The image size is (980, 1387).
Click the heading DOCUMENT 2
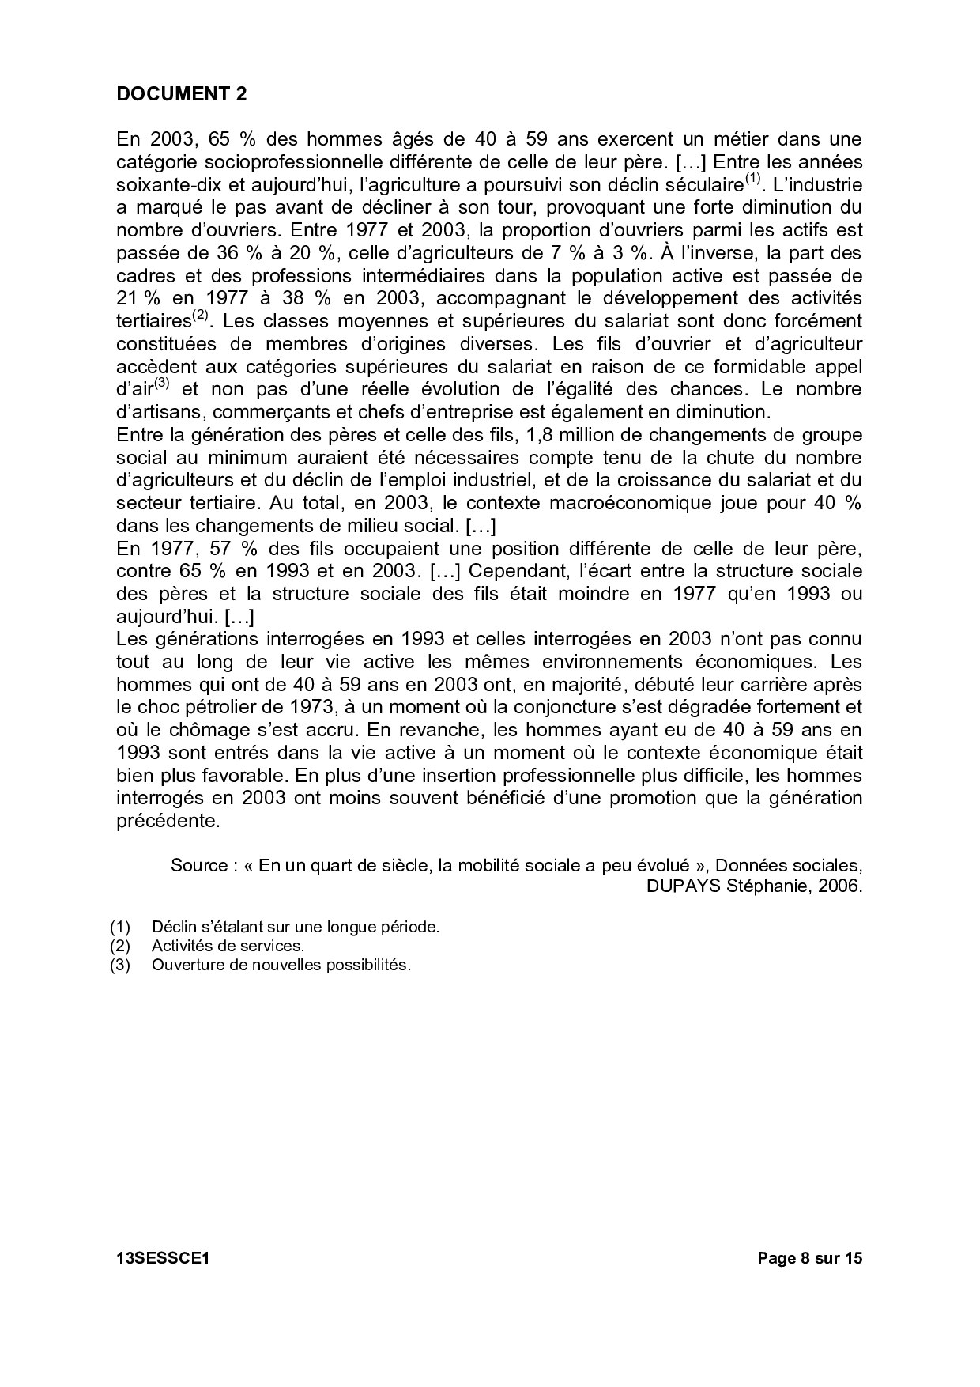click(181, 94)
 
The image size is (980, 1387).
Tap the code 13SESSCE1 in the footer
click(162, 1258)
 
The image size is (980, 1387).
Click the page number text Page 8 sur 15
click(809, 1258)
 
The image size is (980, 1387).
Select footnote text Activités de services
click(228, 946)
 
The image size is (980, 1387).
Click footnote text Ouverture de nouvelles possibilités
click(281, 966)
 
